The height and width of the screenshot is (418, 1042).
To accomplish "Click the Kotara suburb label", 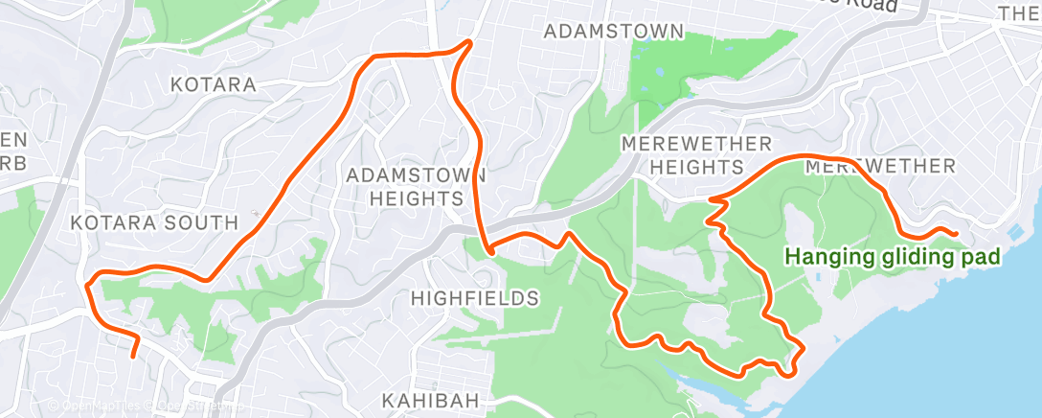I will (x=213, y=84).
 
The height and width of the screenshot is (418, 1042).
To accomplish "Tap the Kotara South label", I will (x=154, y=222).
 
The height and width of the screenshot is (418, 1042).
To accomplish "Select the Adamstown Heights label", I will (x=416, y=187).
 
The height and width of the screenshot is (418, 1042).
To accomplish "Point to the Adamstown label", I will (x=614, y=32).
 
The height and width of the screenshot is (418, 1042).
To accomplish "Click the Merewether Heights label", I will (x=696, y=154).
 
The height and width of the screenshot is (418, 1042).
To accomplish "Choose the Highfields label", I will (x=474, y=298).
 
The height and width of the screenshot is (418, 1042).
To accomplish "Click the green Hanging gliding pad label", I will (x=893, y=256).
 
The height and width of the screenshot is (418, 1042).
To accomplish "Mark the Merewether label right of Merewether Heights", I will (x=880, y=166).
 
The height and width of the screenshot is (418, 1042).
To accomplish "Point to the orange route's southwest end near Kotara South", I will (x=133, y=356).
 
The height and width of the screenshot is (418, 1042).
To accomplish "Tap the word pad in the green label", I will (x=982, y=256).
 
